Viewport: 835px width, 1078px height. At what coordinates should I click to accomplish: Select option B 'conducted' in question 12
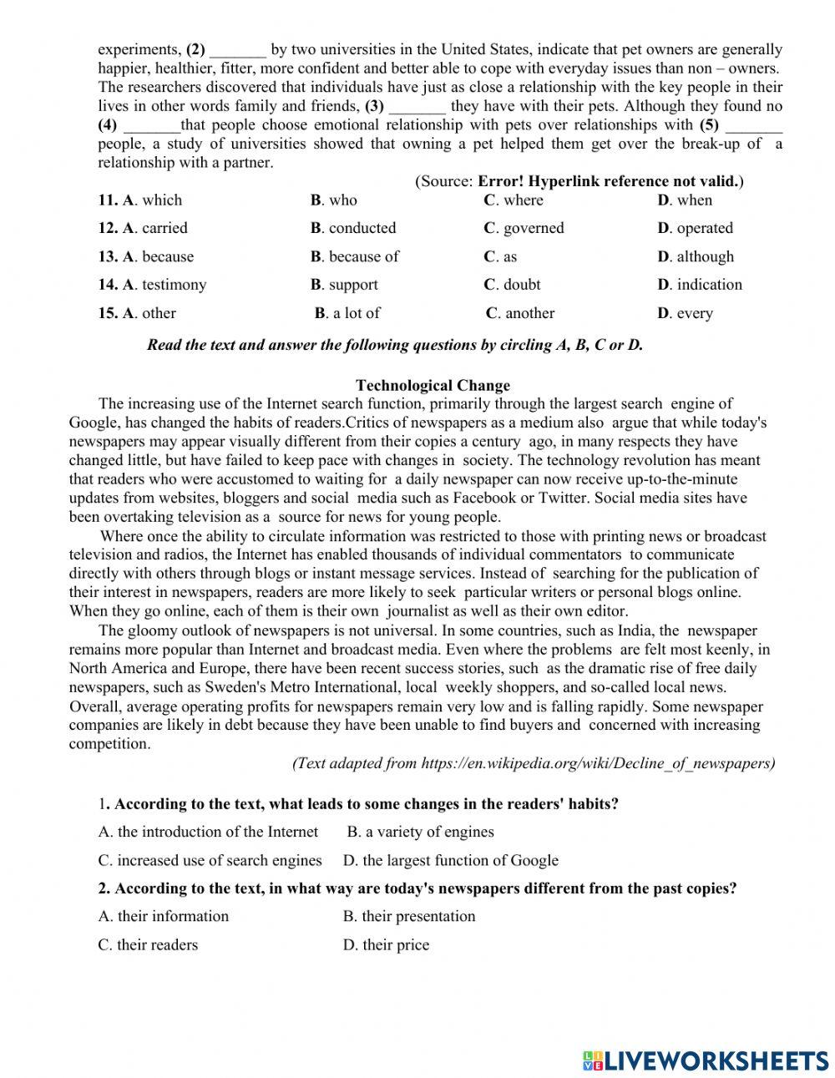pos(354,228)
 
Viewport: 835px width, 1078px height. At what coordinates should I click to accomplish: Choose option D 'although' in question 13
pos(696,256)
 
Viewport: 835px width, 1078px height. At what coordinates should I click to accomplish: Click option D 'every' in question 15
pos(686,313)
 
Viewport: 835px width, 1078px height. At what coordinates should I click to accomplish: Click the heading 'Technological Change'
pos(433,385)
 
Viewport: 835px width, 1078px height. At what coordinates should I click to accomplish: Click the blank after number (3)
pos(417,107)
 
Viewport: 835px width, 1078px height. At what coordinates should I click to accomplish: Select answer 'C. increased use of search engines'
pos(210,860)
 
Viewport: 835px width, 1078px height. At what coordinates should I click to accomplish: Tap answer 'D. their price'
pos(386,944)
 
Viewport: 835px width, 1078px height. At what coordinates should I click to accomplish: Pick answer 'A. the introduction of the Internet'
pos(208,832)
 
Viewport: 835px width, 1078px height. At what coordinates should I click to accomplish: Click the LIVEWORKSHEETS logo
pos(705,1060)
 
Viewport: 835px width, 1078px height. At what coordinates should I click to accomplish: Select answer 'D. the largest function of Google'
pos(451,860)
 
